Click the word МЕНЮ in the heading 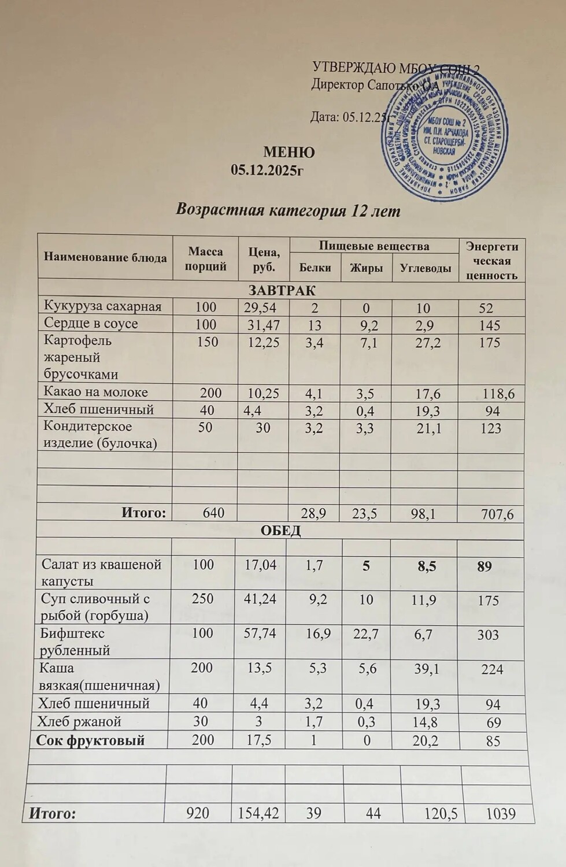[x=289, y=153]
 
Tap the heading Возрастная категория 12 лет [x=288, y=210]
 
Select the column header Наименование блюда [x=105, y=258]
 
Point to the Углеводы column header [x=426, y=268]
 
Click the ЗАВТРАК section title [x=282, y=290]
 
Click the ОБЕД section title [x=281, y=531]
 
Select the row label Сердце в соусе [x=91, y=324]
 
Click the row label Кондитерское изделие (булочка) [x=100, y=435]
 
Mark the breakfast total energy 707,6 [x=497, y=514]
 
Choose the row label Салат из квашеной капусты [x=101, y=573]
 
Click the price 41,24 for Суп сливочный [x=260, y=599]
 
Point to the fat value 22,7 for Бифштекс [x=366, y=634]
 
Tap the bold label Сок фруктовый [x=91, y=740]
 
